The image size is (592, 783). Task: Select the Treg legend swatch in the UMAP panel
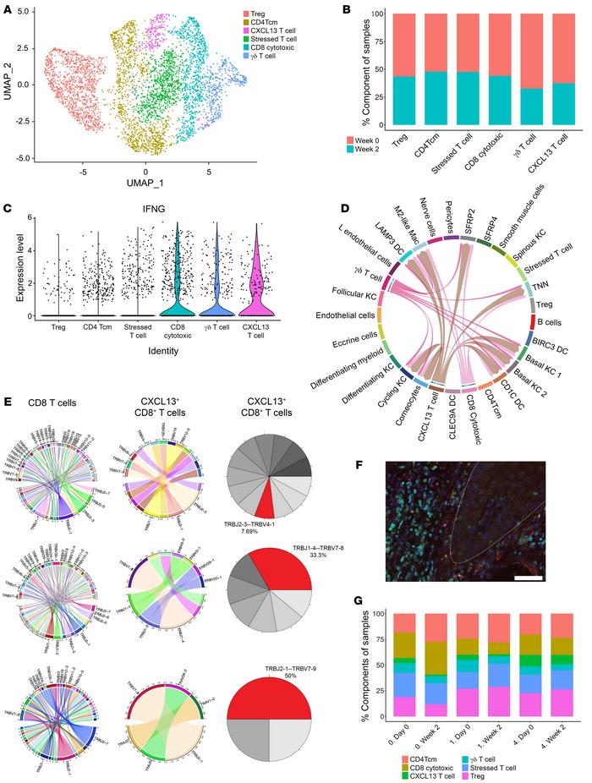(x=269, y=14)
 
